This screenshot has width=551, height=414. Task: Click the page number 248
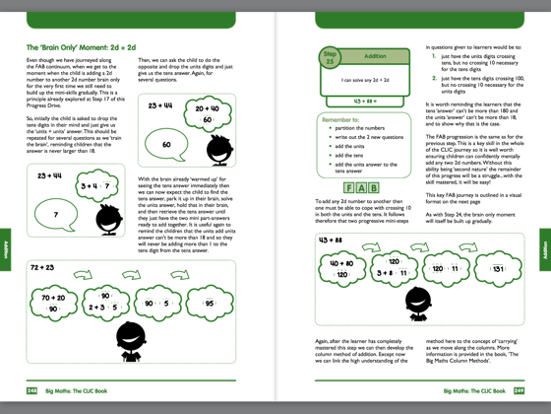point(32,391)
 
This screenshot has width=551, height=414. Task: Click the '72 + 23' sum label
point(41,267)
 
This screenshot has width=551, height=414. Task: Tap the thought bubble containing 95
point(209,304)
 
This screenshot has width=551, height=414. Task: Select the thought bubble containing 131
point(498,268)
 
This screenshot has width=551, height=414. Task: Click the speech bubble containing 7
point(56,214)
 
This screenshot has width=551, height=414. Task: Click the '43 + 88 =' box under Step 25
point(368,101)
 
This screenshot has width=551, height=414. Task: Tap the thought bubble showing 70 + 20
point(54,303)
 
